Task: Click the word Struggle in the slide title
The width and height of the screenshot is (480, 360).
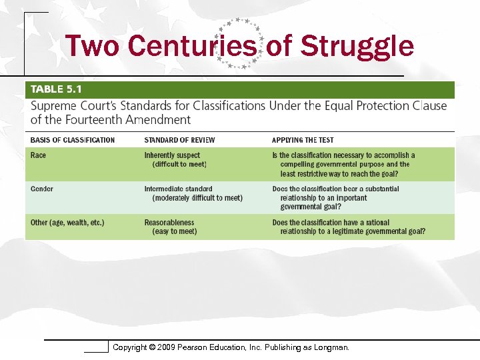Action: [x=357, y=47]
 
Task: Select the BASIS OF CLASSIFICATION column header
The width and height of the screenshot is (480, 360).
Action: [x=73, y=140]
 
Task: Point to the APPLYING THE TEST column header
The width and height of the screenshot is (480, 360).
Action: [x=303, y=140]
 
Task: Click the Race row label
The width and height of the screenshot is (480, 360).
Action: [x=39, y=155]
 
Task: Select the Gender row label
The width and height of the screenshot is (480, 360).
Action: [x=42, y=189]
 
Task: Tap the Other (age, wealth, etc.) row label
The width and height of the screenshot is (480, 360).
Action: [x=67, y=223]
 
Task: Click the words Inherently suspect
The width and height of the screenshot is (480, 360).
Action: [x=173, y=155]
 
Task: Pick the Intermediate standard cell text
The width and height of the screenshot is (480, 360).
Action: [x=178, y=189]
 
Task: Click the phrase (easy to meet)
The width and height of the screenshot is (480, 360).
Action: [x=175, y=231]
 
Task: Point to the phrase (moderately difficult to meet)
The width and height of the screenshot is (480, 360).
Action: [x=197, y=198]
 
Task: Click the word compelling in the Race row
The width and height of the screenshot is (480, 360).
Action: [x=298, y=164]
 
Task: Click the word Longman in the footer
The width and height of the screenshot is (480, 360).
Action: [x=331, y=347]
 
